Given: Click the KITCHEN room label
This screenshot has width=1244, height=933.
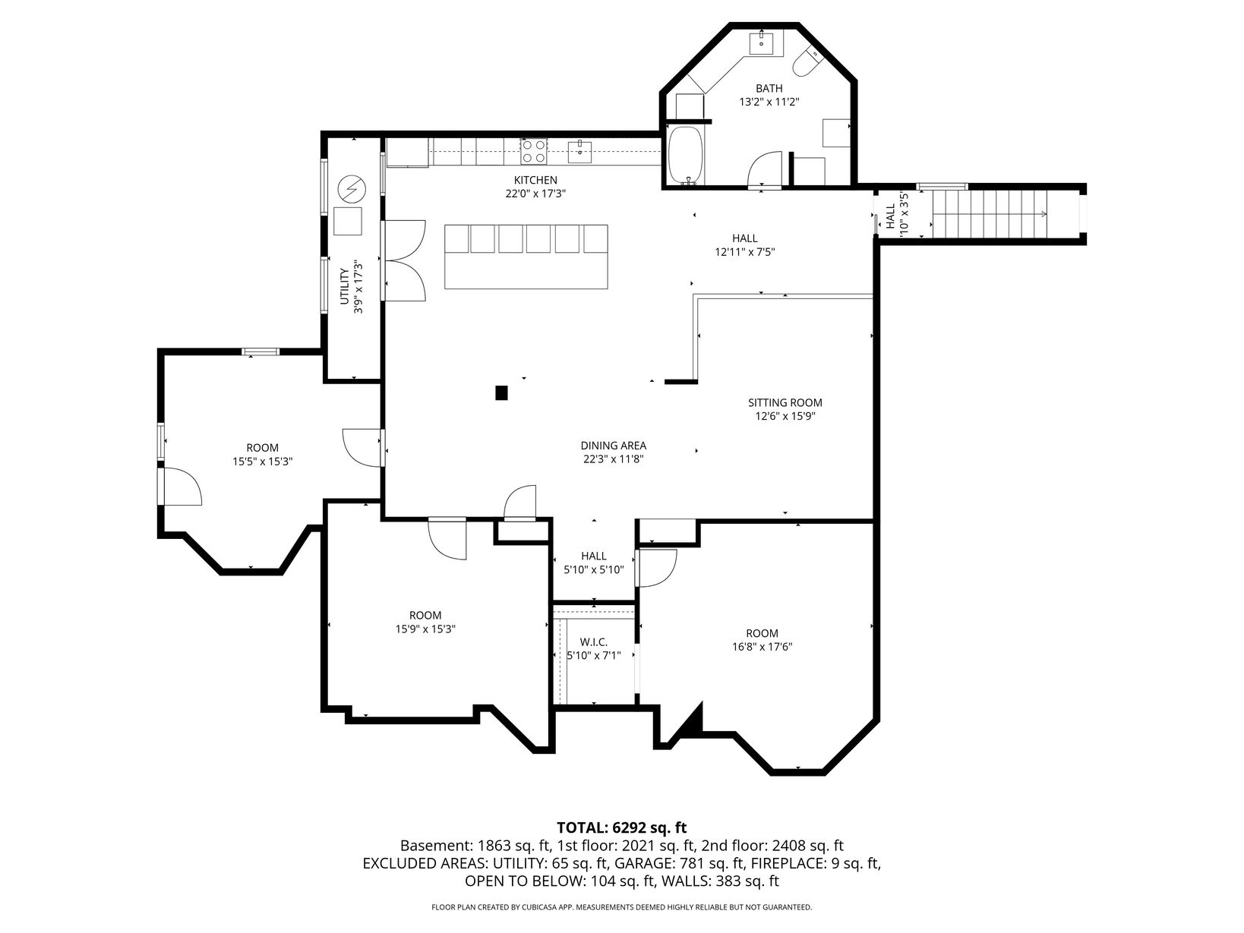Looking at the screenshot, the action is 535,180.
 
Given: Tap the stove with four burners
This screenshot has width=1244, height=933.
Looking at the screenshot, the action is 534,151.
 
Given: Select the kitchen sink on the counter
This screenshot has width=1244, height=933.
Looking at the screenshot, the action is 579,151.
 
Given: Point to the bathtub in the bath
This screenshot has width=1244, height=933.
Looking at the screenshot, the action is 686,156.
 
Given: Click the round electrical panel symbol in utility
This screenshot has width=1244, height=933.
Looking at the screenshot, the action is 352,188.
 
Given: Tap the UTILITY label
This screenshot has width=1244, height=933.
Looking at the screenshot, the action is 345,286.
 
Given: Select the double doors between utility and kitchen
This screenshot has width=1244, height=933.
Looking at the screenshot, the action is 404,260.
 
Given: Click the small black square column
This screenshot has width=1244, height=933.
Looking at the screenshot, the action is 501,392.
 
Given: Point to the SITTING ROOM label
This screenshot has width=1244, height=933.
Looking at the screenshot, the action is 785,403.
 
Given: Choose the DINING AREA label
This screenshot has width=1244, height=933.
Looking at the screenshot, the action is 613,446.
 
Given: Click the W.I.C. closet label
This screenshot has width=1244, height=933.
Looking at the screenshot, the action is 593,641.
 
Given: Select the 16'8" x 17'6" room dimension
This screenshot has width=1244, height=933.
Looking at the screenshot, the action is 762,647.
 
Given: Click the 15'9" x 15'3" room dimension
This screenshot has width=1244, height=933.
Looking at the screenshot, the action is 425,629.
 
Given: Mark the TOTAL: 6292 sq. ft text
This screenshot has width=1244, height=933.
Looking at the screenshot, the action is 622,828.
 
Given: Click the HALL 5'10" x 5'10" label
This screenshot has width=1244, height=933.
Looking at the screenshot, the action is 593,563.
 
